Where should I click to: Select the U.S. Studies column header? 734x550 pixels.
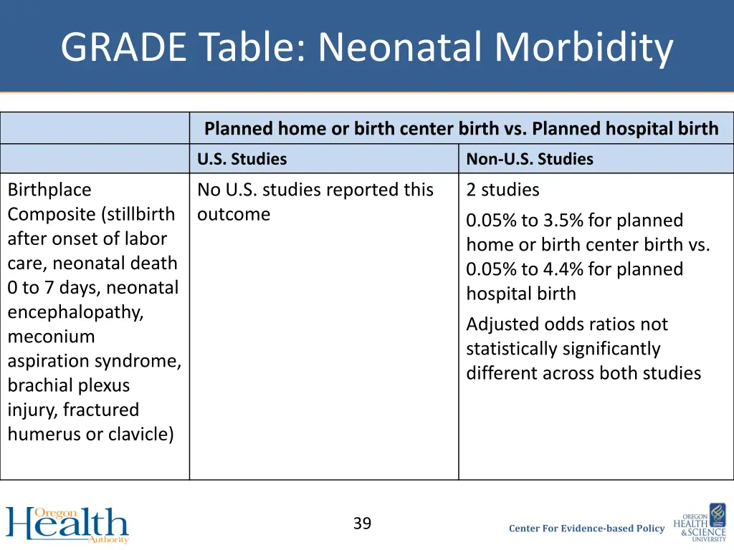point(242,159)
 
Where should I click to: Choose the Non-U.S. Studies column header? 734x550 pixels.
point(530,159)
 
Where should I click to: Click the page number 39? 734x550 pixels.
point(362,524)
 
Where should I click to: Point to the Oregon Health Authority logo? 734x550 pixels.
point(67,524)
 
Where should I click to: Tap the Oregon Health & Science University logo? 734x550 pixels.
point(700,523)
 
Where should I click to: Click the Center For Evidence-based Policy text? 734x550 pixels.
point(586,529)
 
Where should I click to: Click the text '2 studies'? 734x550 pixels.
point(502,190)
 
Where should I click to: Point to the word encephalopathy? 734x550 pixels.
point(75,312)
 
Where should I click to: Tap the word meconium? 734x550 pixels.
point(51,337)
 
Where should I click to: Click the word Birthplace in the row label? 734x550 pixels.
point(49,190)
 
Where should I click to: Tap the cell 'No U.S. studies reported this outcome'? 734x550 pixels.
point(315,202)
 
